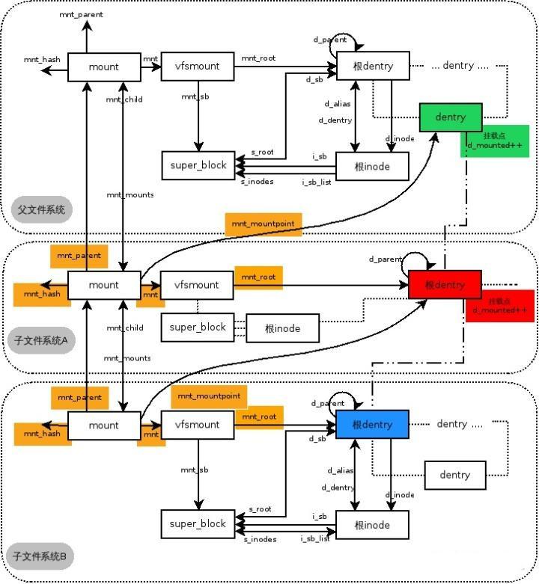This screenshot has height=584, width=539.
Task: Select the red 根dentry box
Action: point(445,285)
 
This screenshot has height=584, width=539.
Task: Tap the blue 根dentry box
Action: point(372,425)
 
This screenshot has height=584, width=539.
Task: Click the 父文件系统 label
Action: point(42,209)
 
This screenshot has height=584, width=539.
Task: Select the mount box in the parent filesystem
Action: point(103,67)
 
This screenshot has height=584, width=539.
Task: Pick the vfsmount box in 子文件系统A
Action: point(198,285)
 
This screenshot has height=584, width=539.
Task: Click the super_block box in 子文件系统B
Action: point(198,524)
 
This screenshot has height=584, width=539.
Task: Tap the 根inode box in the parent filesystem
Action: point(372,166)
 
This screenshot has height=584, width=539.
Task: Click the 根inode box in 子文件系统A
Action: point(282,328)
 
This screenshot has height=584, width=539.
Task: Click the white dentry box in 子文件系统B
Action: point(454,475)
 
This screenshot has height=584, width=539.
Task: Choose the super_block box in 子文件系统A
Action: point(198,328)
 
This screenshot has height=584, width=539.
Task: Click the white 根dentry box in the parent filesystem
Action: point(372,67)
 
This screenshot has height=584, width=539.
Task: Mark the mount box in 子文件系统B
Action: point(103,425)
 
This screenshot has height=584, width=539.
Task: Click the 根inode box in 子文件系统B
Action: point(372,525)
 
